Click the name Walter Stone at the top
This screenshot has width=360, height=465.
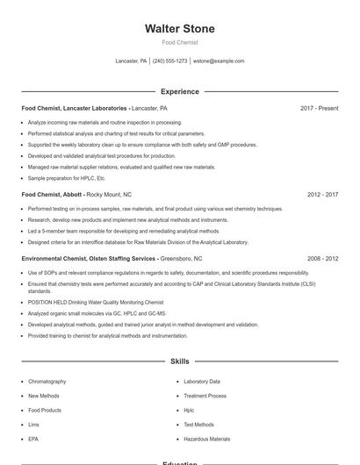click(179, 29)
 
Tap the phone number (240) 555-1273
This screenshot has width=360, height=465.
click(170, 61)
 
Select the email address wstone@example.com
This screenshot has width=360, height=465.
click(219, 61)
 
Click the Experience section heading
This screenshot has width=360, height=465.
click(179, 91)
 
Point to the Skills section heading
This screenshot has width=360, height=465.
click(179, 361)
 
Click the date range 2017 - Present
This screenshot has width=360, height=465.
click(319, 108)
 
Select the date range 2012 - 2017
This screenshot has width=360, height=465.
click(322, 194)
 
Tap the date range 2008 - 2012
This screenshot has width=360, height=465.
click(322, 259)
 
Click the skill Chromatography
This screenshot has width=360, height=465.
click(47, 382)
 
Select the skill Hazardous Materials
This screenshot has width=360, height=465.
click(206, 439)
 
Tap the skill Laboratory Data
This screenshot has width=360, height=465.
click(202, 382)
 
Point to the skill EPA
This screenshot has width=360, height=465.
click(33, 439)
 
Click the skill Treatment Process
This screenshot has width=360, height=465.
click(205, 396)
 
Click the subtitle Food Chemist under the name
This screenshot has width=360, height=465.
click(179, 42)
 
